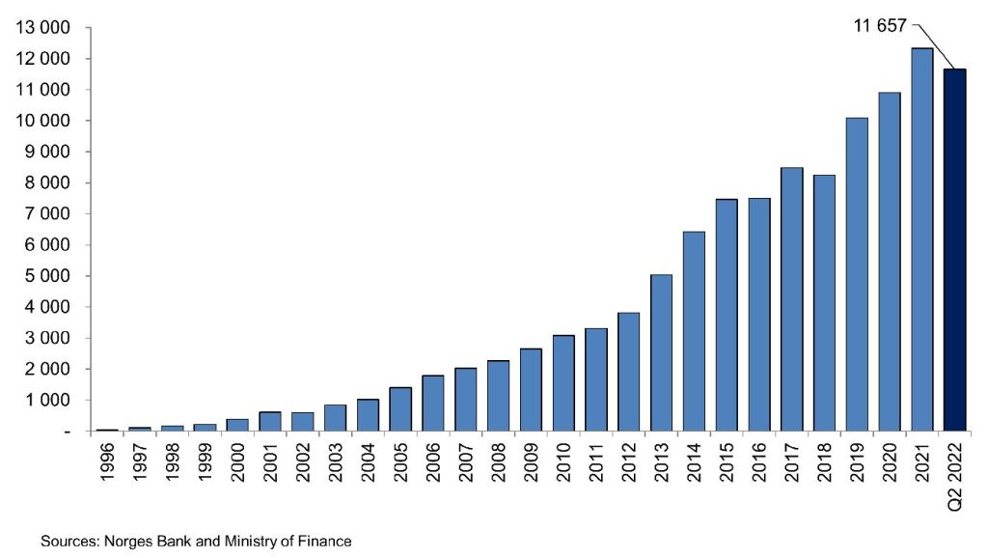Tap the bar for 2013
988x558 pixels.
tap(661, 352)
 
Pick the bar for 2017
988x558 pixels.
tap(791, 298)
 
